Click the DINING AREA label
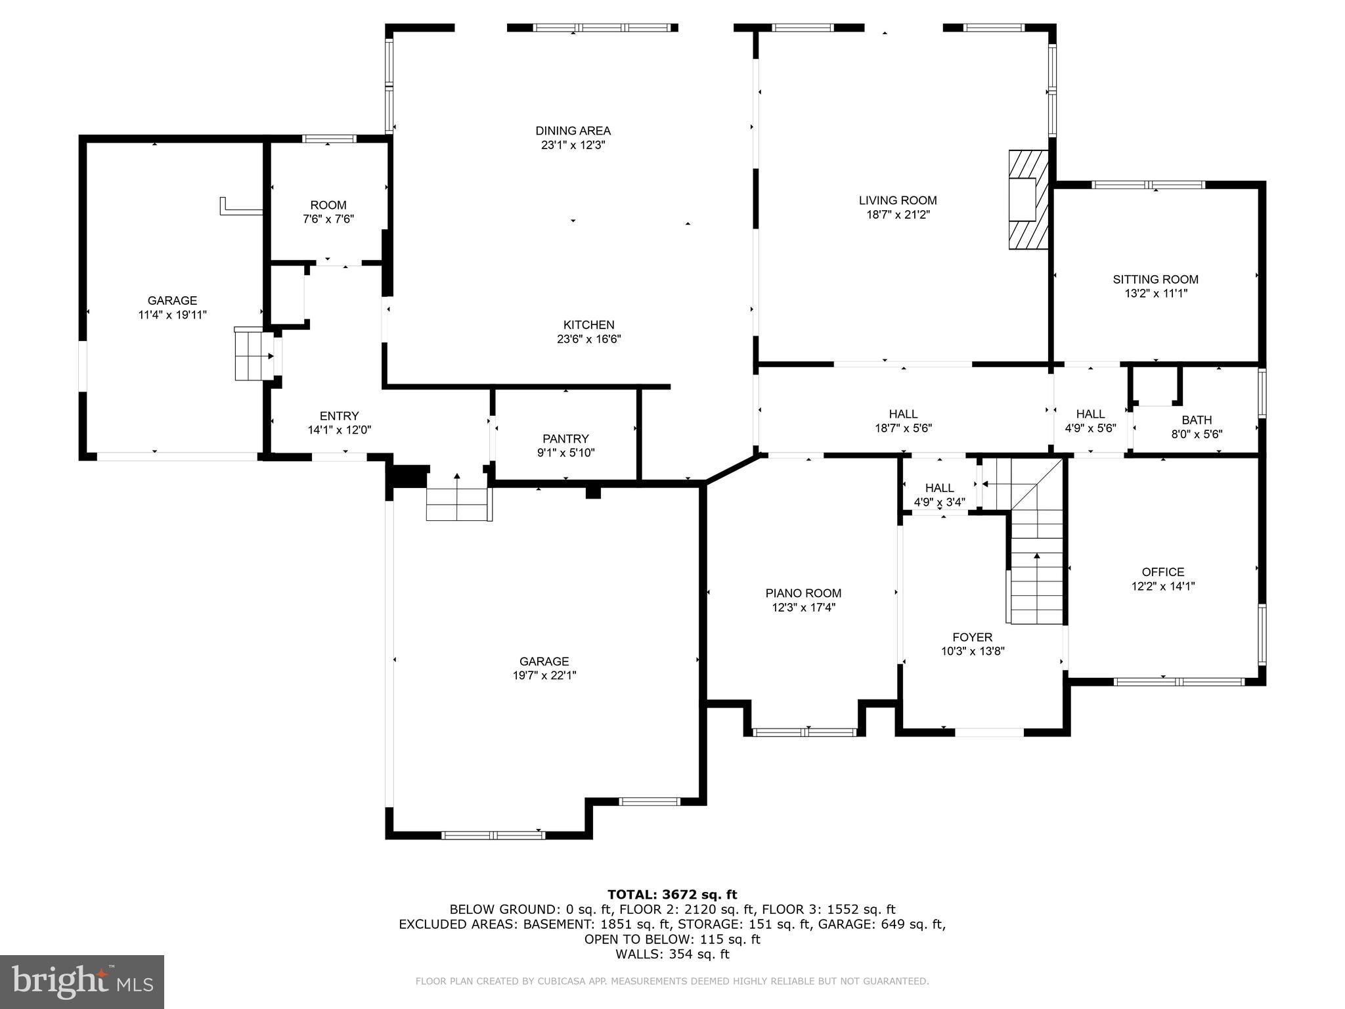pyautogui.click(x=573, y=131)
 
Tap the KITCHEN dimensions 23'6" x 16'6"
pyautogui.click(x=588, y=340)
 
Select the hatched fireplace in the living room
pyautogui.click(x=1027, y=200)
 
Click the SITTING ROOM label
pyautogui.click(x=1155, y=279)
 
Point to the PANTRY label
pyautogui.click(x=565, y=439)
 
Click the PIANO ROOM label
pyautogui.click(x=803, y=593)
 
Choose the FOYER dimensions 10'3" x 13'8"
pyautogui.click(x=973, y=652)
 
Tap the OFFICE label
pyautogui.click(x=1162, y=572)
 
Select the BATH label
pyautogui.click(x=1197, y=420)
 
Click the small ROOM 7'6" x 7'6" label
pyautogui.click(x=328, y=206)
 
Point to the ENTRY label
pyautogui.click(x=339, y=416)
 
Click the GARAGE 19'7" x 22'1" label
pyautogui.click(x=544, y=661)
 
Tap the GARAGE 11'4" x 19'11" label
pyautogui.click(x=172, y=301)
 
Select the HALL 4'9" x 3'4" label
pyautogui.click(x=939, y=488)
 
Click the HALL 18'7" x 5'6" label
pyautogui.click(x=903, y=414)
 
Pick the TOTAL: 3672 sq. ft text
pyautogui.click(x=672, y=895)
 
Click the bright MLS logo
pyautogui.click(x=82, y=981)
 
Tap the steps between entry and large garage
pyautogui.click(x=458, y=504)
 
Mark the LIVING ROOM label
pyautogui.click(x=897, y=200)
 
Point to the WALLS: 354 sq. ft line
pyautogui.click(x=672, y=954)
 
